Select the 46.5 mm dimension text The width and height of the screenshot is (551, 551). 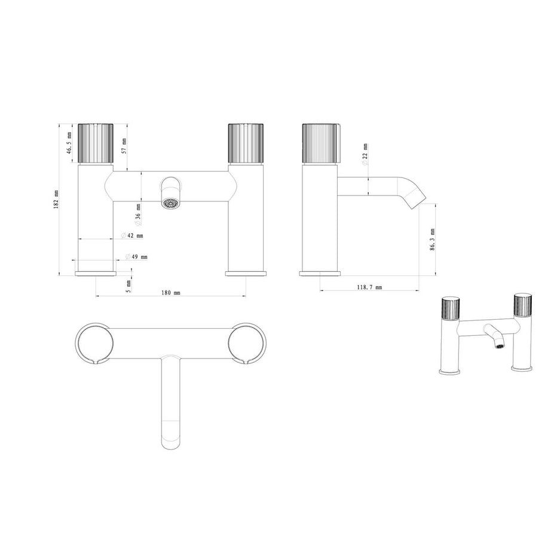pyautogui.click(x=70, y=143)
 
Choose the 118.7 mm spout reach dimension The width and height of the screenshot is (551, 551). pyautogui.click(x=369, y=287)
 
